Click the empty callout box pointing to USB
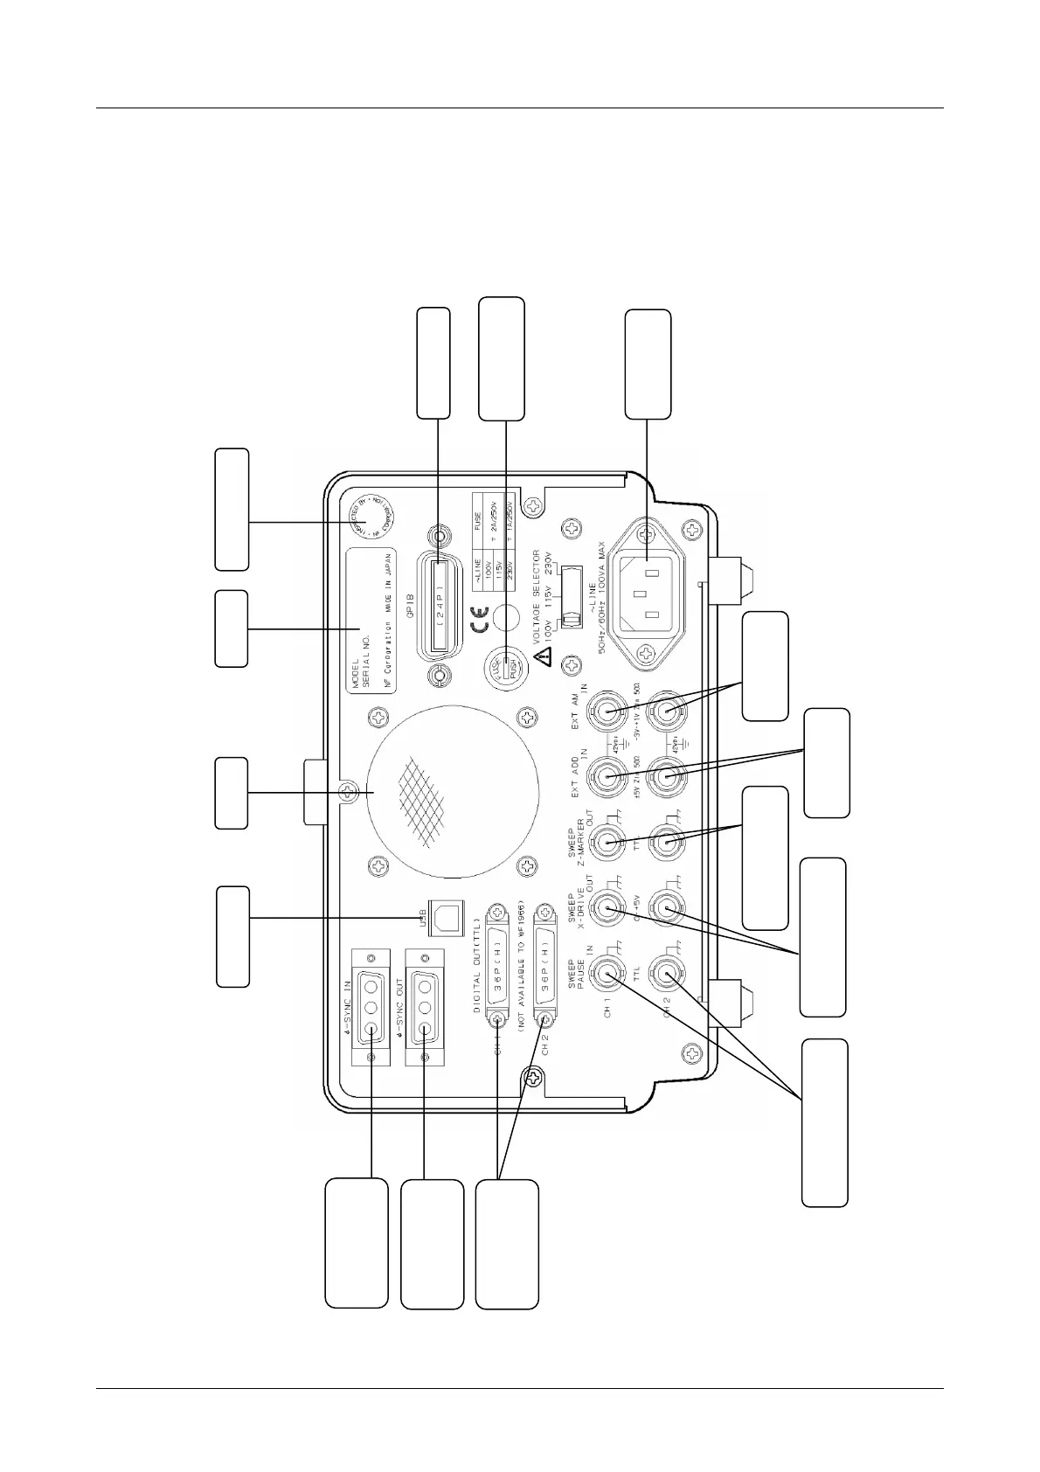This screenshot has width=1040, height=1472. click(x=232, y=936)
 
